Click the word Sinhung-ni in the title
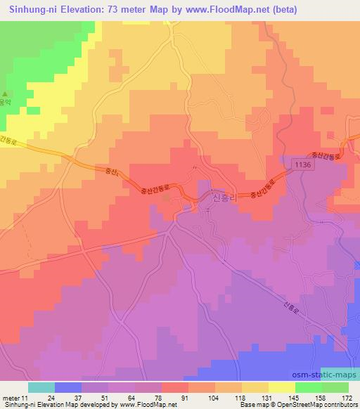33,10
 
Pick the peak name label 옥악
6,103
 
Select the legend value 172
348,398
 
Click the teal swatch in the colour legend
41,387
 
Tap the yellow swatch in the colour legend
281,387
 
